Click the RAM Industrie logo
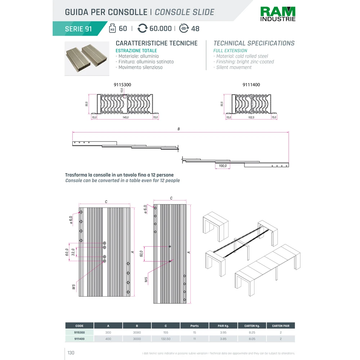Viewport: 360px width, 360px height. coord(278,14)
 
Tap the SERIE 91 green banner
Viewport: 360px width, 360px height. coord(78,29)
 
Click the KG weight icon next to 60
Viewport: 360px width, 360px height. coord(112,28)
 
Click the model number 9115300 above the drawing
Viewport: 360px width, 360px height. coord(123,85)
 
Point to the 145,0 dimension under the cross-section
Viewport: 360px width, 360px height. coord(126,117)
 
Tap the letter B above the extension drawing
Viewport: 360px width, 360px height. coord(179,129)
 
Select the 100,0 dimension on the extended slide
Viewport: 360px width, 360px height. coord(222,166)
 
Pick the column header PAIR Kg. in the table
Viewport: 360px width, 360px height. coord(223,326)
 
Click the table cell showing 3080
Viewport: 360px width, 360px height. coord(137,333)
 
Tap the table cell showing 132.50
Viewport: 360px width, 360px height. coord(166,339)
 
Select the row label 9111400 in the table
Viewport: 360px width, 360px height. coord(80,339)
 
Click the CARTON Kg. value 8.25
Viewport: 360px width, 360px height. coord(252,333)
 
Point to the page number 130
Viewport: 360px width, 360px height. coord(71,353)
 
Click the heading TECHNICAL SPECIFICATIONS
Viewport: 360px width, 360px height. coord(254,43)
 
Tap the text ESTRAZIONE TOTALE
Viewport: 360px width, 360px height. coord(136,51)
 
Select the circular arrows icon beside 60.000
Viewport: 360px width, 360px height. coord(143,28)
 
